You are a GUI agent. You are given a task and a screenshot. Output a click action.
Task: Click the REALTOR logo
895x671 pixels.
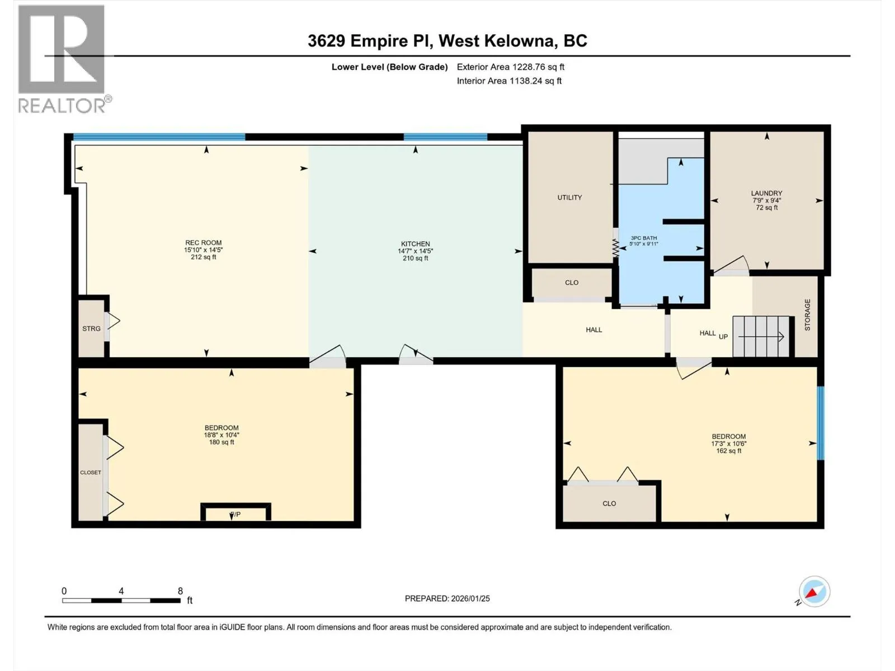coord(64,59)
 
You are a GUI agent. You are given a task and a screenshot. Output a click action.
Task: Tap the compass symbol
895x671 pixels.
coord(814,592)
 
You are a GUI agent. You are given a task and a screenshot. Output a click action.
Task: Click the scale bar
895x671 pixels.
coord(121,601)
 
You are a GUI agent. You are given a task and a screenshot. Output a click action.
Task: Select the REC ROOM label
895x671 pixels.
coord(204,243)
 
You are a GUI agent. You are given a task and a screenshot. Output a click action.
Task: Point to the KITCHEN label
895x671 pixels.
coord(415,244)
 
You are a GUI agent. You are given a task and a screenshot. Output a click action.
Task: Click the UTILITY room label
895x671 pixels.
coord(569,197)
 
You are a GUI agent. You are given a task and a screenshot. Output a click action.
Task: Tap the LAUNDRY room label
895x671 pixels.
coord(766,193)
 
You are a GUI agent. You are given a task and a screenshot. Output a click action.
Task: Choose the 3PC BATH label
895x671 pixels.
coord(644,238)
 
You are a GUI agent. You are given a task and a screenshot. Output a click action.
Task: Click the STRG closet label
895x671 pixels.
coord(91,328)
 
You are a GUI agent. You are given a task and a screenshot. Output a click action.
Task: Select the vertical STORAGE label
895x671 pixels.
coord(807,314)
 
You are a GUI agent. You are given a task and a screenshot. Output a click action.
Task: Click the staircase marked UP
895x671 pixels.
coord(762,337)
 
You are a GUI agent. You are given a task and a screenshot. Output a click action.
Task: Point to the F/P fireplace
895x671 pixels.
coord(235,512)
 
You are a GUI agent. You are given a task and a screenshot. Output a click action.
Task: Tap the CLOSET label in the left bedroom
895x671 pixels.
coord(91,472)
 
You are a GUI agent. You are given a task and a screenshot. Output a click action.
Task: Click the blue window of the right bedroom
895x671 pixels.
coord(821,423)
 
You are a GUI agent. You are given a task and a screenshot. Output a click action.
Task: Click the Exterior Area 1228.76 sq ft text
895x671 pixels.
coord(511,67)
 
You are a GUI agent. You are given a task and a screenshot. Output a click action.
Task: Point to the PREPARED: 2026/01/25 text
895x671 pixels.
coord(447,598)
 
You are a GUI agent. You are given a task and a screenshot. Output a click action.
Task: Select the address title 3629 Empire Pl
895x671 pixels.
coord(370,41)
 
